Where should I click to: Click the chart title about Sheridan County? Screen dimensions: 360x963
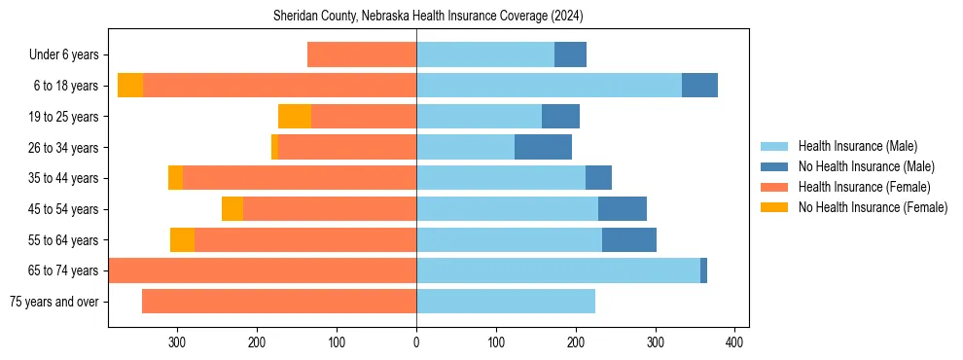point(416,17)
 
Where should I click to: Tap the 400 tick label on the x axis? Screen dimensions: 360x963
point(735,342)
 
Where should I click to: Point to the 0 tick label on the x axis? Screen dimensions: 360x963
point(416,342)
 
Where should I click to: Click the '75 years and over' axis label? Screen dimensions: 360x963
point(54,302)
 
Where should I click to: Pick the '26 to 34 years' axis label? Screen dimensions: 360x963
point(63,148)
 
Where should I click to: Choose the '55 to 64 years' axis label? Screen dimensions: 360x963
point(63,240)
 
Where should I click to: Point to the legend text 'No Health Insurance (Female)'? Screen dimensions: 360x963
point(873,207)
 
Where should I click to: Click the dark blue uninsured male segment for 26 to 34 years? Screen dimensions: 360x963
point(543,148)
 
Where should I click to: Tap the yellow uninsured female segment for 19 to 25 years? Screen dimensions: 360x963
point(295,117)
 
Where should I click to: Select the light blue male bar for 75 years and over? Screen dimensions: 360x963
point(506,302)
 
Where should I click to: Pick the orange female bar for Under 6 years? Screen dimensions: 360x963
point(362,55)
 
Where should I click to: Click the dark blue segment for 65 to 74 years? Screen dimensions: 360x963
point(703,270)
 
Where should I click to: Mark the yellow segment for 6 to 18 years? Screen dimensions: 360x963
point(130,86)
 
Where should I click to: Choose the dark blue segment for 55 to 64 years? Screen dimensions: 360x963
point(629,240)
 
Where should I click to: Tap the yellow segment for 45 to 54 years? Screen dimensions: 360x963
point(232,209)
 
